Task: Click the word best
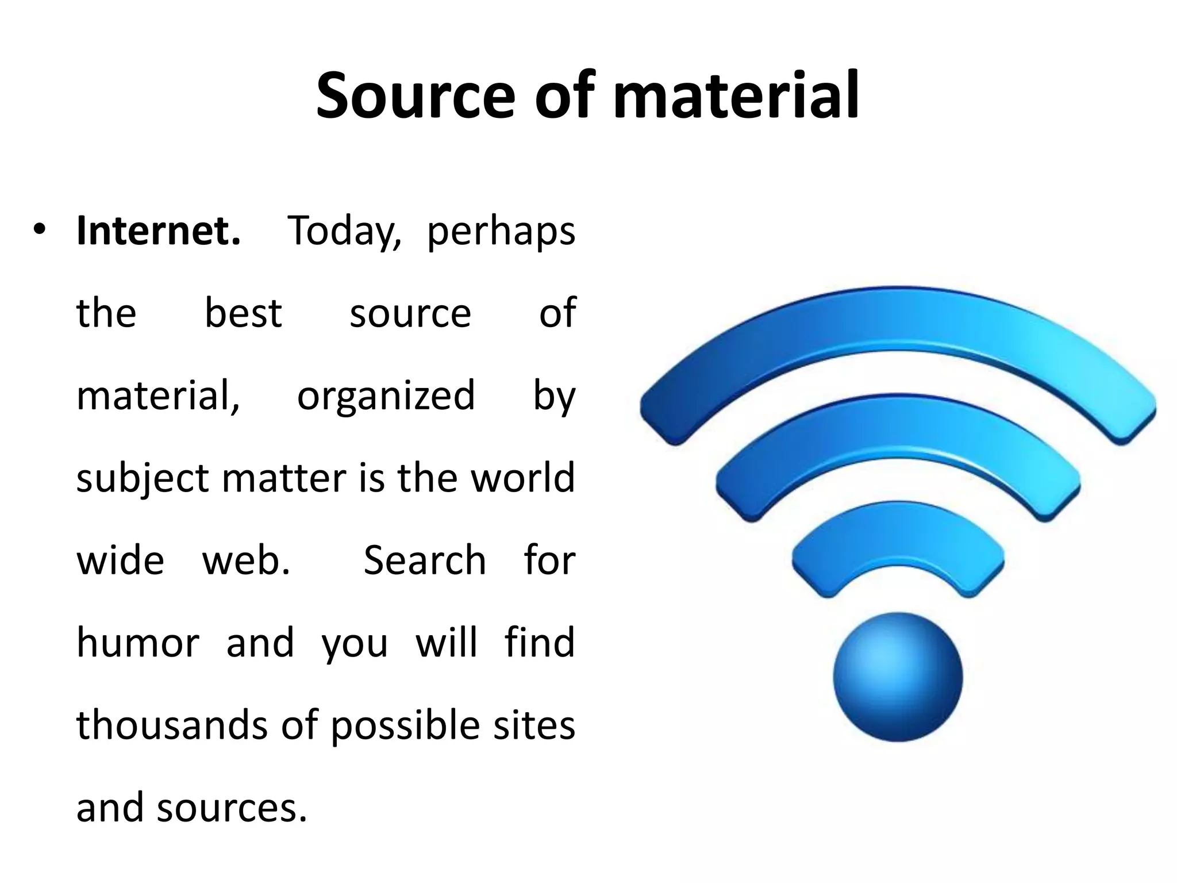coord(243,313)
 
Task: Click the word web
coord(246,560)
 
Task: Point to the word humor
coord(138,642)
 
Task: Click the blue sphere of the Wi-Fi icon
coord(897,677)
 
